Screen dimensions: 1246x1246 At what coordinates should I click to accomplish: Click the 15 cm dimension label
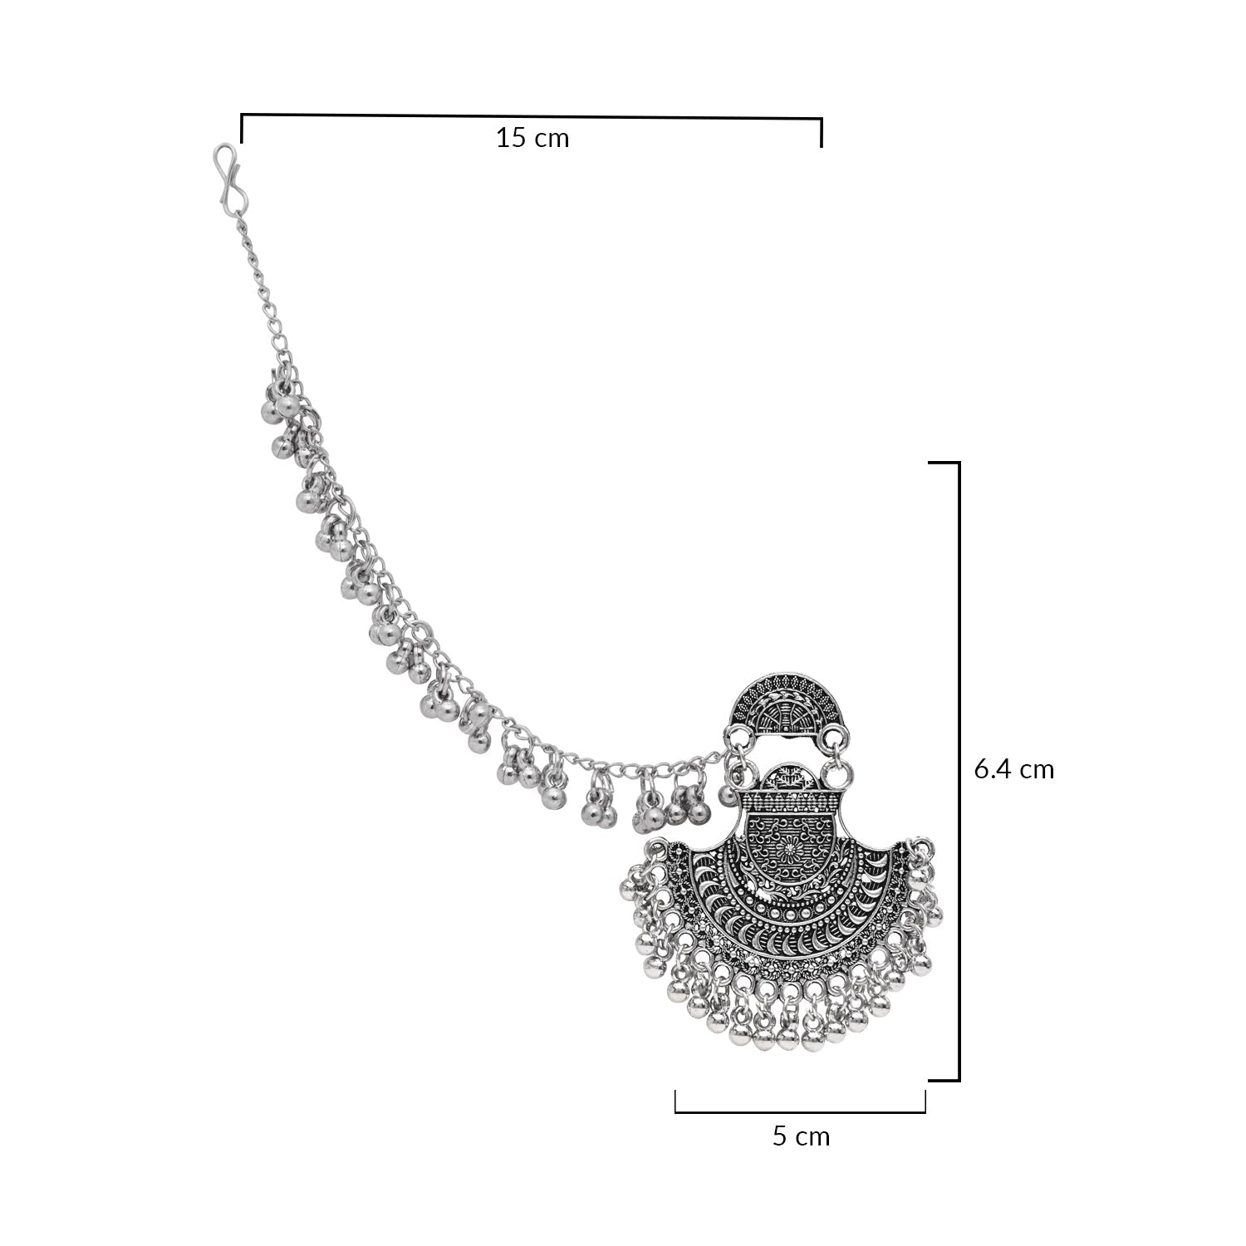[532, 137]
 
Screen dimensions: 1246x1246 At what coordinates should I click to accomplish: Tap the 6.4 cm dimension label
[1013, 769]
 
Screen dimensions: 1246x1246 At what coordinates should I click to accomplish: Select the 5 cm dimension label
[801, 1136]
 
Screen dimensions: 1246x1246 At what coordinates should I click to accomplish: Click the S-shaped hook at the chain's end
[229, 176]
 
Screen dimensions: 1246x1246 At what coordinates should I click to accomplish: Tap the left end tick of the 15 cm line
[242, 128]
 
